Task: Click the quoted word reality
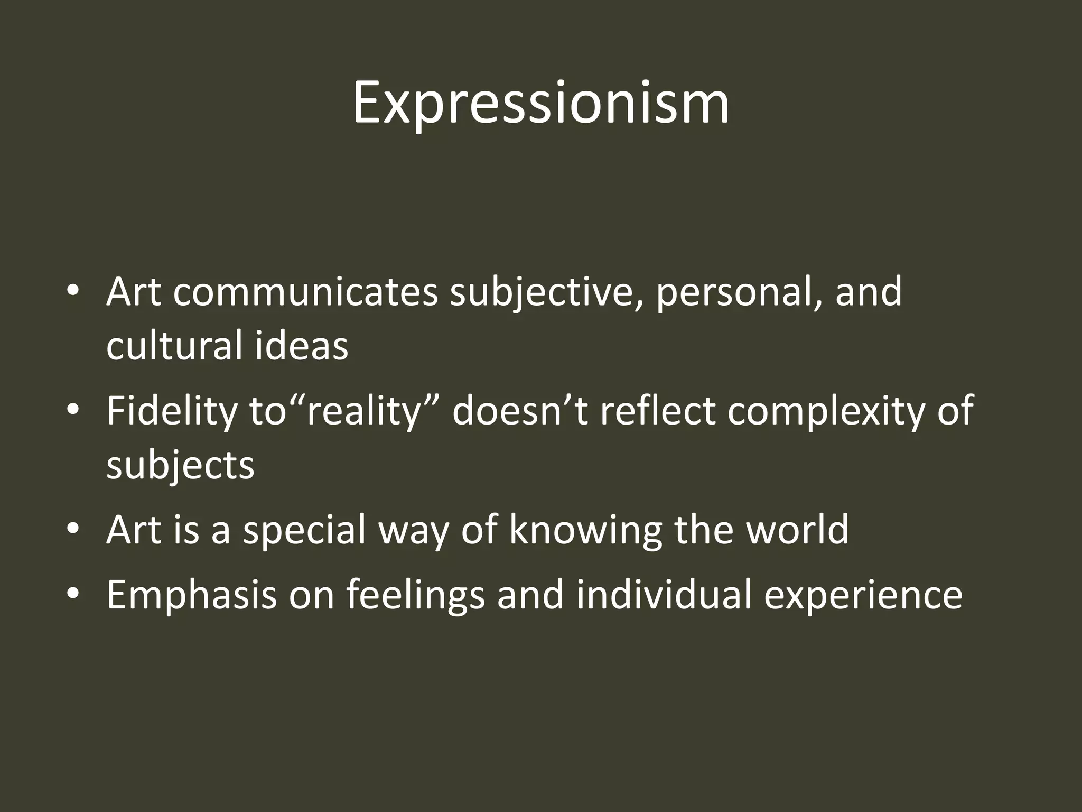point(365,411)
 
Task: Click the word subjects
point(180,465)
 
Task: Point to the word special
point(304,530)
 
